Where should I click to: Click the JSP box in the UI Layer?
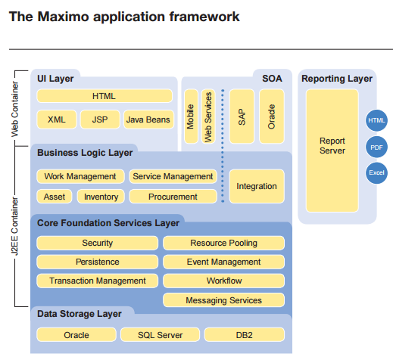99,119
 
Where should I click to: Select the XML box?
57,119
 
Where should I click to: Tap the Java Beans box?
147,119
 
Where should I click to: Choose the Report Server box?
332,146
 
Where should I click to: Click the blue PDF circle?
376,147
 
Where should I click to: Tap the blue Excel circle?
376,172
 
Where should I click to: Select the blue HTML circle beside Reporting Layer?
376,120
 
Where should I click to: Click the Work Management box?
80,176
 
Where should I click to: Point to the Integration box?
257,186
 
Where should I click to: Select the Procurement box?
173,197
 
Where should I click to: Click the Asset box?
54,197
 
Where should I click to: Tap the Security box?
97,243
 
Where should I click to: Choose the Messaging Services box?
223,300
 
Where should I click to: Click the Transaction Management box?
97,281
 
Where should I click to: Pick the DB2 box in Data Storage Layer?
244,334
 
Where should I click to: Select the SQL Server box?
159,334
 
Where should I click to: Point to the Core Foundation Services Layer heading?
108,223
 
